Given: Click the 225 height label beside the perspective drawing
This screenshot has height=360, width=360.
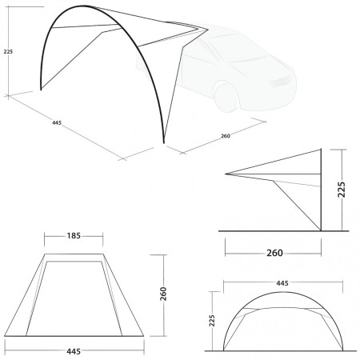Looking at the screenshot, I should (x=8, y=53).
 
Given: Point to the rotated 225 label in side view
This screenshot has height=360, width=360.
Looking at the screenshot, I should (x=342, y=190).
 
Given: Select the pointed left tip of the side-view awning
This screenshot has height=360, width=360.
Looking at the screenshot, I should (x=226, y=174).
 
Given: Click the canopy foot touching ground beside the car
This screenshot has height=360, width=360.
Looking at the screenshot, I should (x=164, y=144).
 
